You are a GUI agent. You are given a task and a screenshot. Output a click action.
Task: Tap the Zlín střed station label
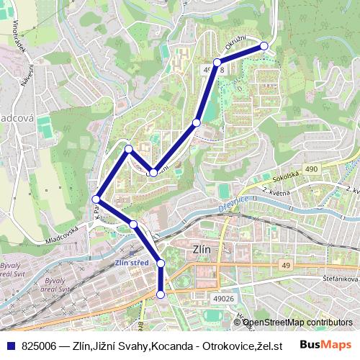click(131, 263)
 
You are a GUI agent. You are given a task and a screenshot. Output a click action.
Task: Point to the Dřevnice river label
click(233, 204)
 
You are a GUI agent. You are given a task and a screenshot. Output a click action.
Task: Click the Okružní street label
click(235, 42)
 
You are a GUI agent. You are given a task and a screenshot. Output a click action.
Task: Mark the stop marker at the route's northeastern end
click(264, 46)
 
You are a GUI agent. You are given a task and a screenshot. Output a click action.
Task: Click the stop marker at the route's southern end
click(161, 294)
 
